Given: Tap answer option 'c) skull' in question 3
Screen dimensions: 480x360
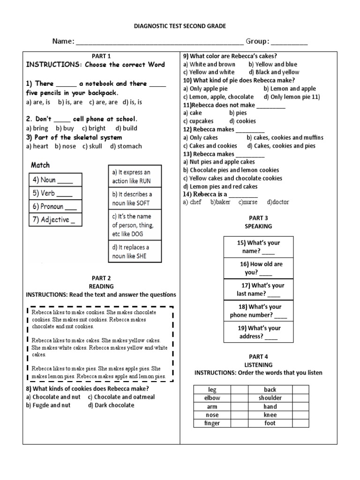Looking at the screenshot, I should click(93, 146).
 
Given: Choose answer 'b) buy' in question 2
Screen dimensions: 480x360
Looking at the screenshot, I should click(65, 128).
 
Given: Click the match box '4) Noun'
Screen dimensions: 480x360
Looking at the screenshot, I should click(55, 180).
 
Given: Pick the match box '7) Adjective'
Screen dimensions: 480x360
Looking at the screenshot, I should click(55, 219).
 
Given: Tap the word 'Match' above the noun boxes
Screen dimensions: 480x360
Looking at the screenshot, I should click(40, 165).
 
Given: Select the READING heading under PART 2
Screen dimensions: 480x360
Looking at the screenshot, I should click(101, 286).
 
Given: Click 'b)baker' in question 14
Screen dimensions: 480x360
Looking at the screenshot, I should click(220, 202).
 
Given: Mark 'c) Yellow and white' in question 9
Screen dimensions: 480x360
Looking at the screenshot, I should click(209, 72).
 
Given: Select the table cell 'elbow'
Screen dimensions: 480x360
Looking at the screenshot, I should click(212, 398).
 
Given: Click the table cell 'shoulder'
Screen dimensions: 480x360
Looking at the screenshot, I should click(270, 398).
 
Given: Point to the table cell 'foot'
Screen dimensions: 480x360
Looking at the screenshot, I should click(270, 423).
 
